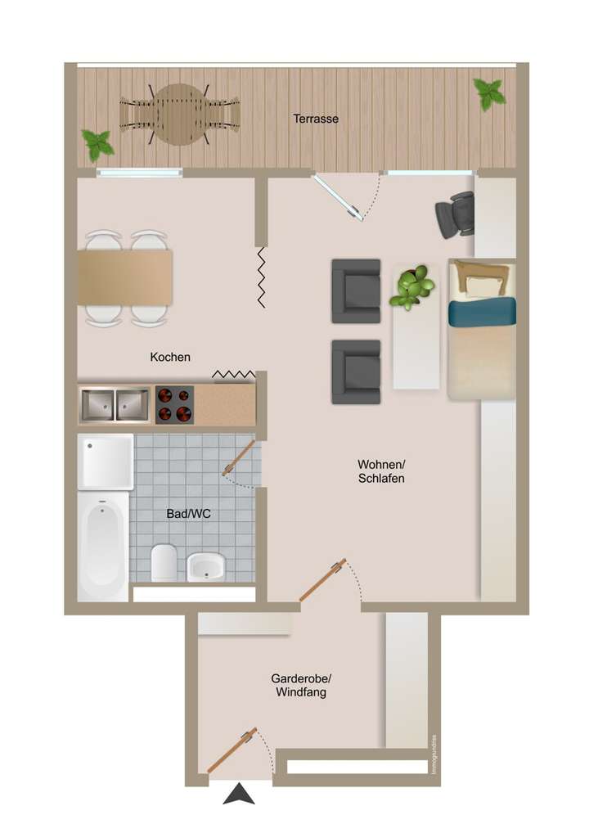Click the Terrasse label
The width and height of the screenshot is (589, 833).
[x=316, y=119]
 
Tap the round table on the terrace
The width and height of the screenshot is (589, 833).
[x=180, y=115]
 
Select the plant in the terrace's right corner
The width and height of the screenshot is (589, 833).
[x=489, y=93]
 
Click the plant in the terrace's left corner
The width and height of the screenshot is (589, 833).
[x=98, y=145]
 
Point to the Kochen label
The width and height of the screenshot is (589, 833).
[x=170, y=357]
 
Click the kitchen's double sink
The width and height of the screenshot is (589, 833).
[x=115, y=405]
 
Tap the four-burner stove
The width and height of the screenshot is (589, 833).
[x=174, y=405]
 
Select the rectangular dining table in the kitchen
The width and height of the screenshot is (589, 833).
[x=125, y=278]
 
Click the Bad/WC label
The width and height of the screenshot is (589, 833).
[x=188, y=514]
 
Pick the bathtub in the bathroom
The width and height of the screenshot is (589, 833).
[x=103, y=546]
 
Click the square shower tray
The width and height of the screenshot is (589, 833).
[x=106, y=462]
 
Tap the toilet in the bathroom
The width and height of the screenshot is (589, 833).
[x=164, y=562]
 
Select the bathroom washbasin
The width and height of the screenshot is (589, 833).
[x=206, y=566]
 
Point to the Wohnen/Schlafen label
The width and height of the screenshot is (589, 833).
[x=381, y=471]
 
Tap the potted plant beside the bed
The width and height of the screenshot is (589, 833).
[x=412, y=286]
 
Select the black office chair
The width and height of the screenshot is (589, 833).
[x=456, y=214]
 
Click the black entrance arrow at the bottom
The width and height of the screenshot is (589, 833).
[x=239, y=794]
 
